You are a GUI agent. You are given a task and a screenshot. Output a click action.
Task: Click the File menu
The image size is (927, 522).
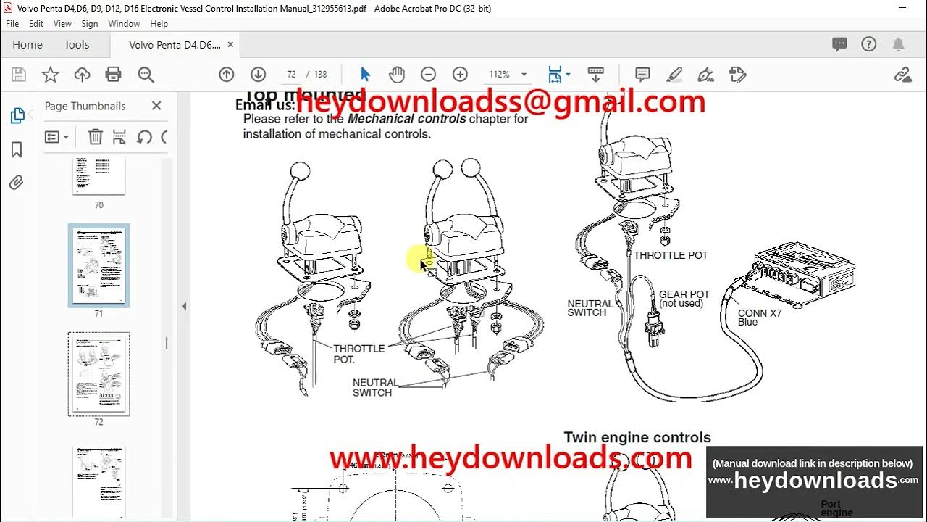12,24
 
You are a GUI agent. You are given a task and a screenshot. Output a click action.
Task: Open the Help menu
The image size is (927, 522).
159,24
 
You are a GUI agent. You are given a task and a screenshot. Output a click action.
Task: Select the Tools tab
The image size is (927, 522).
76,45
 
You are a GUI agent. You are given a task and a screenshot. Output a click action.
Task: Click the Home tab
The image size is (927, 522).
28,45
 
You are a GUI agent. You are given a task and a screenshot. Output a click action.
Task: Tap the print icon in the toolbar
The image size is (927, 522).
113,75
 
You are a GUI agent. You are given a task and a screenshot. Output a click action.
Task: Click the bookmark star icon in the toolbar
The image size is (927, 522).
50,75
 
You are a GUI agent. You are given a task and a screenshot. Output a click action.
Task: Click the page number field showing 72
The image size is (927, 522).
291,75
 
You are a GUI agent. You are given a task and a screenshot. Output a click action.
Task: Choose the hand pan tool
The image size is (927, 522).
396,75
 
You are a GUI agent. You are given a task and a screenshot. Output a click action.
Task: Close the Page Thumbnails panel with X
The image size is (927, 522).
156,106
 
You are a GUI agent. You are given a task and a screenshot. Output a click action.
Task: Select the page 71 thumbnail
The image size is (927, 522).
98,265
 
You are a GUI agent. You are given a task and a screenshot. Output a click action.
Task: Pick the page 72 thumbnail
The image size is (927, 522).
98,374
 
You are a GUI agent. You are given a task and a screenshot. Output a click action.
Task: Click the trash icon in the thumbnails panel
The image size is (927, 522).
95,137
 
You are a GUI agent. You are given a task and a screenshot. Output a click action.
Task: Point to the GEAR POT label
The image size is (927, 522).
684,295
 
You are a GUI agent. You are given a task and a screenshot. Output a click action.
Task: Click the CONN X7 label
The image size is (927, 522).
760,314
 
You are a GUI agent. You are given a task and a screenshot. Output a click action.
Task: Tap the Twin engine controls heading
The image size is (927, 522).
637,438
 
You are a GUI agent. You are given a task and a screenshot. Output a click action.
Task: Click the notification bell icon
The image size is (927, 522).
898,45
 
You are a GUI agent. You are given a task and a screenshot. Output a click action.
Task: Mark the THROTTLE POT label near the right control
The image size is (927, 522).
671,255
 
